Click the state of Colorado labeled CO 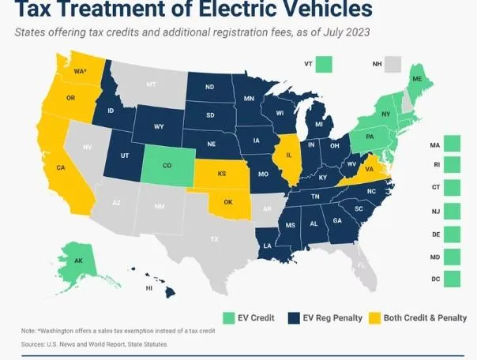click(x=167, y=166)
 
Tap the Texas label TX click(x=213, y=238)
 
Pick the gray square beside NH click(x=392, y=63)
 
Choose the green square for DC click(x=452, y=279)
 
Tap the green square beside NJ click(x=452, y=212)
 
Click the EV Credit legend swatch click(x=230, y=318)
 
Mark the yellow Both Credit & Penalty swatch click(x=374, y=318)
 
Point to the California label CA click(x=61, y=167)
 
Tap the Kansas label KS click(x=223, y=172)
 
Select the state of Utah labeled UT click(x=125, y=156)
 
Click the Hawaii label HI click(x=148, y=288)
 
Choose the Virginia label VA click(x=370, y=168)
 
